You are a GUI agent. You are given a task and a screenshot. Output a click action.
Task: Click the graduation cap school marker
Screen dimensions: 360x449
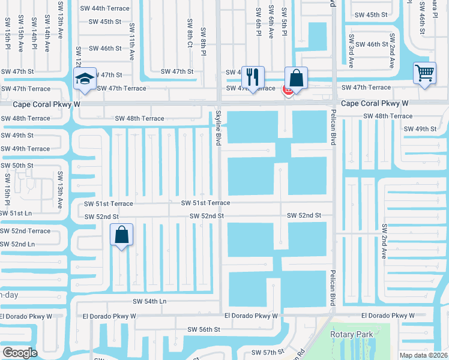[x=85, y=79]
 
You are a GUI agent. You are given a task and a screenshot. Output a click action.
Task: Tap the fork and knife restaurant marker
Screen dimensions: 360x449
[x=253, y=77]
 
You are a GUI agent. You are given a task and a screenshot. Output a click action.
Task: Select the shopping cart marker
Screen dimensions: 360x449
[x=424, y=74]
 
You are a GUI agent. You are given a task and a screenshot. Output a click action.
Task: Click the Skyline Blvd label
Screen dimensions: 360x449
[x=218, y=127]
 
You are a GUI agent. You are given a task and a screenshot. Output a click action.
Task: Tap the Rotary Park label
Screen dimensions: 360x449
[x=351, y=334]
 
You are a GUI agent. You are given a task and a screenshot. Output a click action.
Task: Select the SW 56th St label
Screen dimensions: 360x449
[x=204, y=329]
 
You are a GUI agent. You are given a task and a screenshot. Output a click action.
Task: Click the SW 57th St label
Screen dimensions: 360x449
[x=267, y=352]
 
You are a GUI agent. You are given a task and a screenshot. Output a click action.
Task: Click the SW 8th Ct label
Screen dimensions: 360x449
[x=190, y=32]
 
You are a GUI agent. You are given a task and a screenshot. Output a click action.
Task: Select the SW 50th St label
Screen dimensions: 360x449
[x=16, y=166]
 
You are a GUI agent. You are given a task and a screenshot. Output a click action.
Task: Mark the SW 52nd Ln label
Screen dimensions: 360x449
[x=17, y=244]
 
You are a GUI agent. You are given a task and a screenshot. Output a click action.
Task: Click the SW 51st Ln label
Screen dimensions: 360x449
[x=16, y=213]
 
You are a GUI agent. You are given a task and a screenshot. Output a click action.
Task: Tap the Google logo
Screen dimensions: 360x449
[x=20, y=353]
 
